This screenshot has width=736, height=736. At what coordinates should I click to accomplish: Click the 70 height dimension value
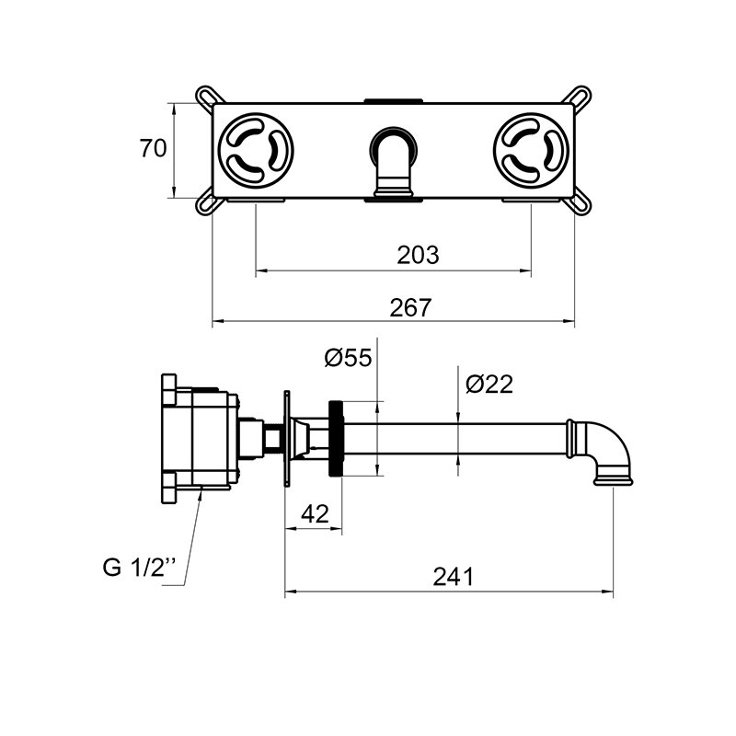[153, 148]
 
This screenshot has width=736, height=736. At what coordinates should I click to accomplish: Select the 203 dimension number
[418, 255]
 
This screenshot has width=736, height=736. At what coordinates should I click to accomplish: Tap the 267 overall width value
[410, 307]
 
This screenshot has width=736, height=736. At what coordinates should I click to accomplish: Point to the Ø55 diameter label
[348, 357]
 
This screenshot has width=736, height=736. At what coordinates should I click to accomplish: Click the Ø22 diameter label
[489, 384]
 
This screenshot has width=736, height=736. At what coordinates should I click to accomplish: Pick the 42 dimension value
[315, 514]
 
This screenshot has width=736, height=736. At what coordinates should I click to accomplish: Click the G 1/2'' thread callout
[138, 567]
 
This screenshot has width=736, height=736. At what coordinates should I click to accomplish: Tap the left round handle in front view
[256, 149]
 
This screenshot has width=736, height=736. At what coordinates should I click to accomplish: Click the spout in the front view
[394, 164]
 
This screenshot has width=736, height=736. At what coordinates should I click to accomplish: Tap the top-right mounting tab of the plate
[579, 96]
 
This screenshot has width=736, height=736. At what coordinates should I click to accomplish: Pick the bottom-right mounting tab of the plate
[579, 203]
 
